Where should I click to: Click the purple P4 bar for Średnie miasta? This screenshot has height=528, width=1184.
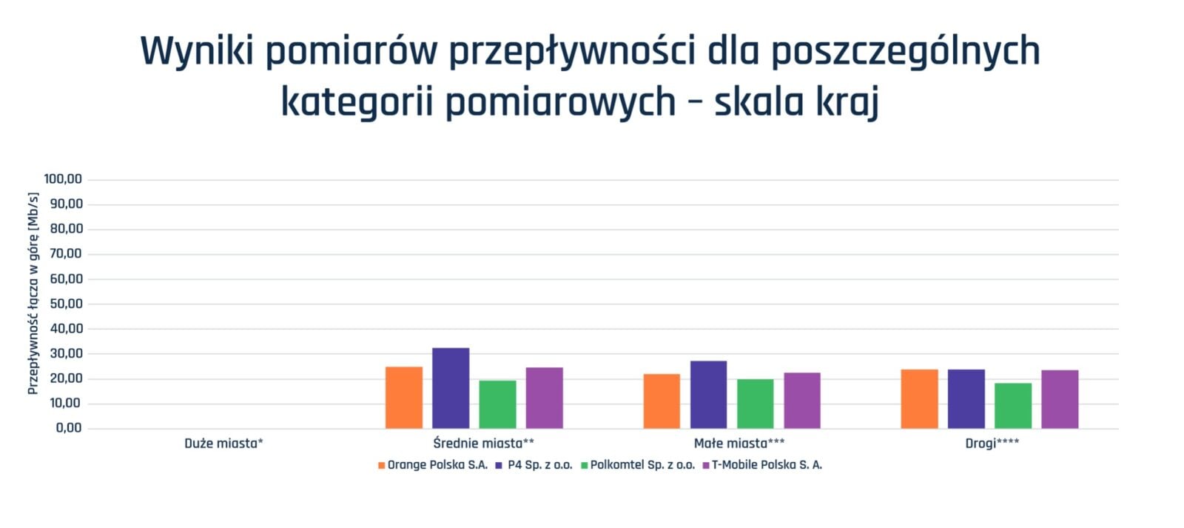click(451, 388)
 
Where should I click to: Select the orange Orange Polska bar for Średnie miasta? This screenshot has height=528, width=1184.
click(404, 398)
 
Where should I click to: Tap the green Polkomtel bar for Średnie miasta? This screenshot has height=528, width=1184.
click(497, 404)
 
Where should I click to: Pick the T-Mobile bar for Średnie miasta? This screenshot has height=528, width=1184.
click(544, 398)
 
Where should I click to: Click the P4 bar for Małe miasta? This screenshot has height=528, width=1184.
click(708, 395)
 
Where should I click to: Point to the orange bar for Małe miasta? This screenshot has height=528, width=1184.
click(662, 401)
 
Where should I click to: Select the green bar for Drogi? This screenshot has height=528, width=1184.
click(1013, 406)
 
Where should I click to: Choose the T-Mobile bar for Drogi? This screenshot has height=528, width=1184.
click(1060, 399)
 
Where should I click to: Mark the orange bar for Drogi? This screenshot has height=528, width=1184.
click(919, 399)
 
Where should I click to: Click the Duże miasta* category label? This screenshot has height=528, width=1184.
click(223, 444)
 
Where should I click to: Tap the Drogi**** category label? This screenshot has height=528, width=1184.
click(992, 444)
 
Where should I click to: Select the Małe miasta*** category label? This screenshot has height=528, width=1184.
click(739, 444)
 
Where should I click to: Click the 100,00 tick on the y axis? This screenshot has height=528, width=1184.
click(63, 178)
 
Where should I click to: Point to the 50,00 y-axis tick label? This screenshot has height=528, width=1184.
click(66, 304)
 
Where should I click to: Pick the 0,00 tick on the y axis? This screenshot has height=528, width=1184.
click(69, 427)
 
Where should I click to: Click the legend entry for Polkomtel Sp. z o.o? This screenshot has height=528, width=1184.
click(638, 465)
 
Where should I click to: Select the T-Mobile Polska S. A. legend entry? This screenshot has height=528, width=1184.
click(762, 465)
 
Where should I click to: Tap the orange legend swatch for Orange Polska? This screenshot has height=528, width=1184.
click(382, 466)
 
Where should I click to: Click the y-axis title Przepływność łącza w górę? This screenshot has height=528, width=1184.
click(33, 293)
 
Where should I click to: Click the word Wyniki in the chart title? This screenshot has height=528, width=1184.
click(197, 52)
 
